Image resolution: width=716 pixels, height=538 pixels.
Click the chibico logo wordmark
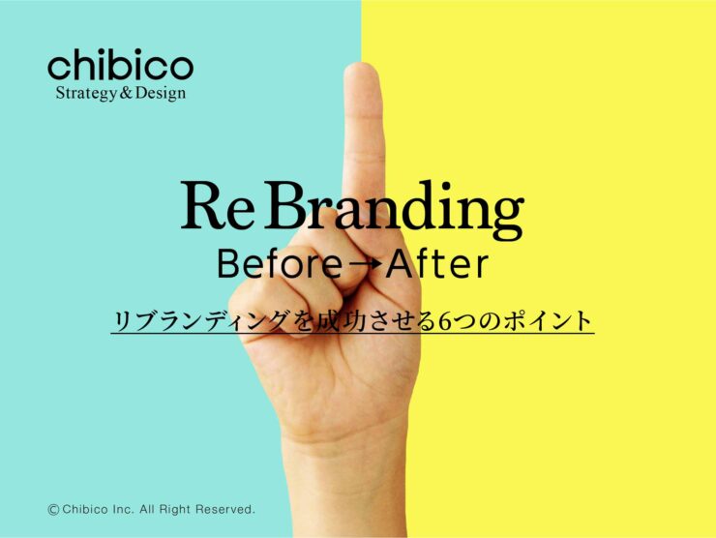pyautogui.click(x=120, y=67)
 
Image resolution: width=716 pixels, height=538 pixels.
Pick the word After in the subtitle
pyautogui.click(x=433, y=263)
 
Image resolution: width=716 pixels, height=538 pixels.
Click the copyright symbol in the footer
pyautogui.click(x=53, y=508)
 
